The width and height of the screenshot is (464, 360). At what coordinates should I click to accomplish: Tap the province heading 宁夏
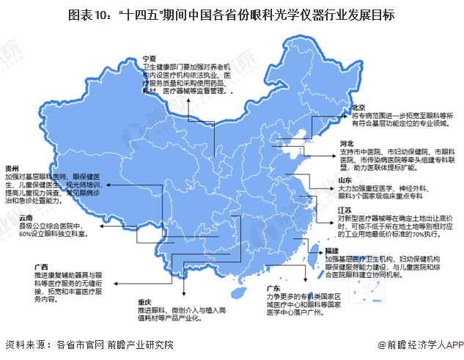(150, 57)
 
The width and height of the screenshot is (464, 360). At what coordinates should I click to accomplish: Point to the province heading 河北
(347, 143)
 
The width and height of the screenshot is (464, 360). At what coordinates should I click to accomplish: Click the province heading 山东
(345, 179)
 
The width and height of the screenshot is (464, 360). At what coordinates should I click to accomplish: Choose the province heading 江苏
(345, 210)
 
